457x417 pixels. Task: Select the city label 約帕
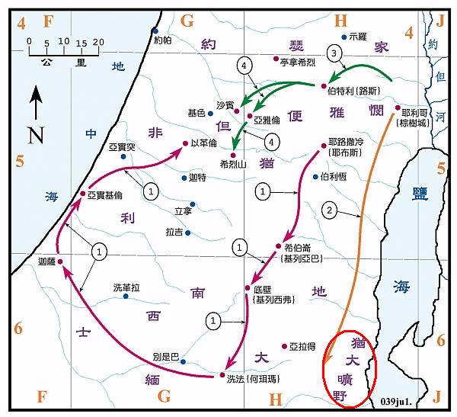click(164, 40)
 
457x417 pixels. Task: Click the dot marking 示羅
click(344, 37)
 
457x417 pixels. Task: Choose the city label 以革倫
click(204, 142)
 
